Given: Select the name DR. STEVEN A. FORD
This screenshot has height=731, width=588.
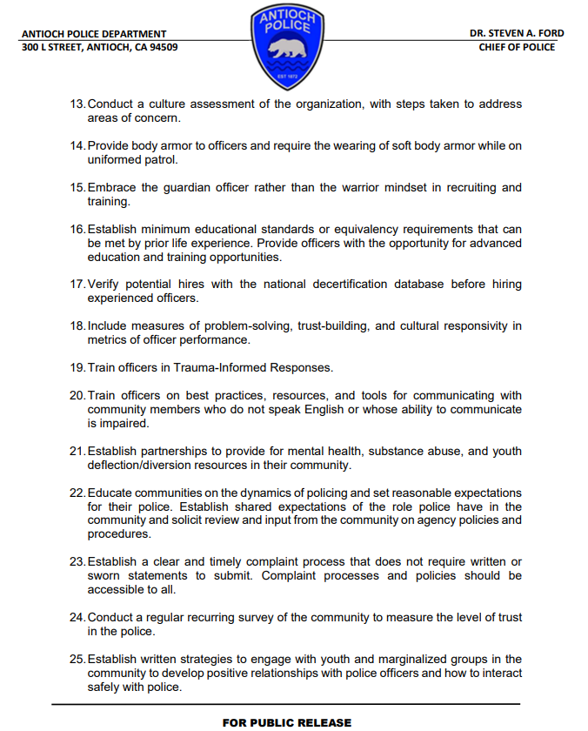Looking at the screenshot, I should pos(516,33).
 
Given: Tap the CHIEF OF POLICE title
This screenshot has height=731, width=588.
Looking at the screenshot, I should pos(517,47).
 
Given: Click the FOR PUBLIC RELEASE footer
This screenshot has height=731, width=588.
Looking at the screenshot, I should pos(287,722).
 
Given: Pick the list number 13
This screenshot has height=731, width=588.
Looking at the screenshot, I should pos(77,104).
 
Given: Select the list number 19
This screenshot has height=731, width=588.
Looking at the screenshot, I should pos(77,367).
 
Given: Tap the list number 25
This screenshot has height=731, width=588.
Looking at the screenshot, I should pos(77,659).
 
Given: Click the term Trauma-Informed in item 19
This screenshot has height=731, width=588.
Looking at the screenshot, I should pos(221,367).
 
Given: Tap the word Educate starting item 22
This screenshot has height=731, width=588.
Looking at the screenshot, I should pos(111,493).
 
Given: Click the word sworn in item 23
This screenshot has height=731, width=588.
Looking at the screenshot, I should pos(104,576).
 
